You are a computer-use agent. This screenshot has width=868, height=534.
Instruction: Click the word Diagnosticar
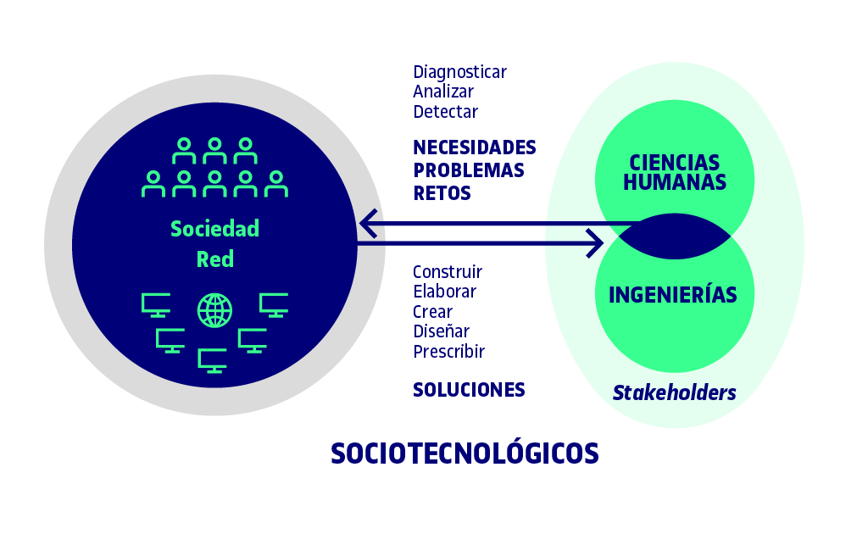(x=459, y=73)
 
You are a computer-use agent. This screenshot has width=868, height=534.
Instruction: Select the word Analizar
(x=443, y=92)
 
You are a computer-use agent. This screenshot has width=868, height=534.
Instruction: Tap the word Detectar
(x=445, y=111)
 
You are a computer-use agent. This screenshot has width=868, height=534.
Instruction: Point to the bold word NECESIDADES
(x=475, y=147)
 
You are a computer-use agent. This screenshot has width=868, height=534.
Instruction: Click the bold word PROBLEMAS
(x=468, y=170)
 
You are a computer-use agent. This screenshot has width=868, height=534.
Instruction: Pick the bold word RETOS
(x=442, y=193)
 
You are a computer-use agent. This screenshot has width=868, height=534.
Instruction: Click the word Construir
(x=448, y=272)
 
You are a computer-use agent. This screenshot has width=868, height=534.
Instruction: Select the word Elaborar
(x=444, y=291)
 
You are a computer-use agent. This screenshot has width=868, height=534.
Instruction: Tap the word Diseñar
(x=441, y=331)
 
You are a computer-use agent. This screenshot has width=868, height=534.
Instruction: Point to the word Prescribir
(x=449, y=352)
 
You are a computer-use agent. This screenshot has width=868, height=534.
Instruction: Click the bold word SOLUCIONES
(x=469, y=390)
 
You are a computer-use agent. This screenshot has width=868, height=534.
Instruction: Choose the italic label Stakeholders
(x=674, y=392)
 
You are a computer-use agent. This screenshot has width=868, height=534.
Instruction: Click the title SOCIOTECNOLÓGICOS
(x=465, y=453)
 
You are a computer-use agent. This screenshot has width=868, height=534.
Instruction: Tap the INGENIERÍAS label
(x=672, y=295)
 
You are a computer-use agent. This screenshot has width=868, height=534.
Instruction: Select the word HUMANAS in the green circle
(x=674, y=182)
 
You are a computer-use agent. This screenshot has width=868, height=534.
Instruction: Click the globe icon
(x=214, y=310)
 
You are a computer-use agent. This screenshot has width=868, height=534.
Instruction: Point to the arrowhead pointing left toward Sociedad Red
(x=369, y=224)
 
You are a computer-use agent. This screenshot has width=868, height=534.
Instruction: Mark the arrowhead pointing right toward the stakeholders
(x=594, y=243)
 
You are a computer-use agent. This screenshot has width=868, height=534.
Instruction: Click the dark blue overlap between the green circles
(x=674, y=236)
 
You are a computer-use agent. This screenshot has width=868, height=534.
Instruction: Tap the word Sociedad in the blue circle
(x=214, y=229)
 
